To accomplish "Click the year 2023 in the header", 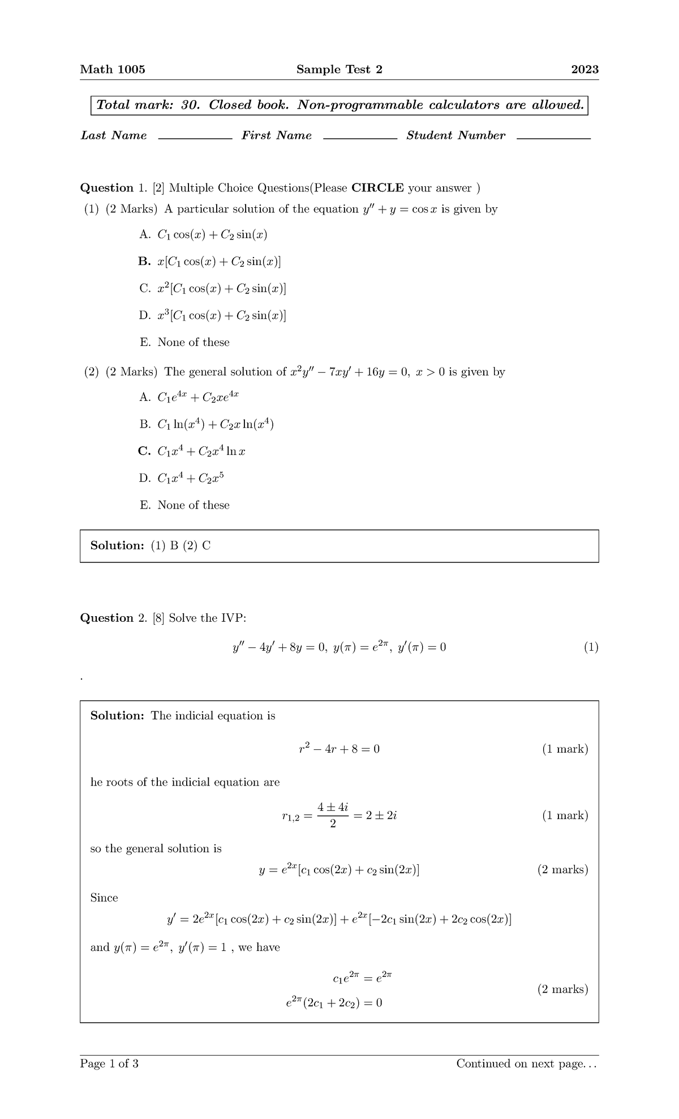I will (585, 70).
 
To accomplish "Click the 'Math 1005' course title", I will (113, 70).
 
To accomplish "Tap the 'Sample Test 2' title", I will (339, 70).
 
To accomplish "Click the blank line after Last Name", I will (195, 138).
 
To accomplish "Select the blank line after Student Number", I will (553, 138).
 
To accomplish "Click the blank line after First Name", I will (360, 138).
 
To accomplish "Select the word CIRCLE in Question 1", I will (377, 188).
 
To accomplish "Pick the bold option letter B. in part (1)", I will (144, 262).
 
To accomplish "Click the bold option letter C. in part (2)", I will (144, 451).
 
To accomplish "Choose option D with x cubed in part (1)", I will (213, 315).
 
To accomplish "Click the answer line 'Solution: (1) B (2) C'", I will (151, 546).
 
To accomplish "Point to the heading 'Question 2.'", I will (114, 618).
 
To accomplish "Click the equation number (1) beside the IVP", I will (591, 647).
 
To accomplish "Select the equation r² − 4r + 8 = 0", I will (339, 749).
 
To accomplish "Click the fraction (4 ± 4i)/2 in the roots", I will (332, 815).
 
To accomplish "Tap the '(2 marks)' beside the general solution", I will (562, 870).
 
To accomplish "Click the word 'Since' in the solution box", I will (104, 898).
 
